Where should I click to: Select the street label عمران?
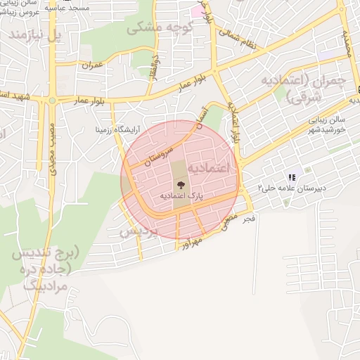pos(92,65)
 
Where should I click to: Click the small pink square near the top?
pos(195,12)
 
